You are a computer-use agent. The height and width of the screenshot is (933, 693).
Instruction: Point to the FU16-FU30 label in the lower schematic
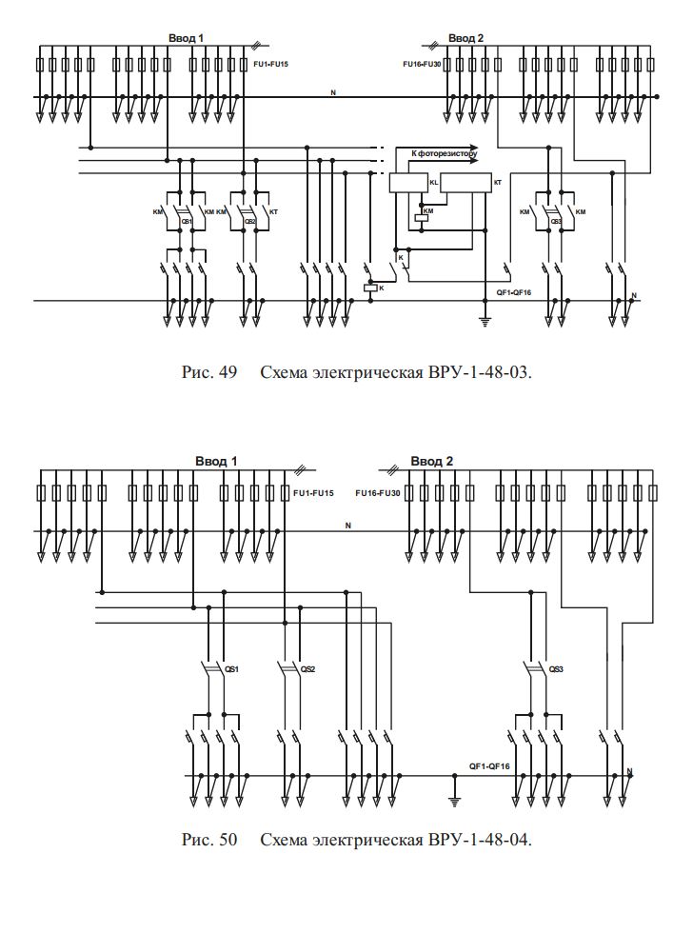tap(375, 493)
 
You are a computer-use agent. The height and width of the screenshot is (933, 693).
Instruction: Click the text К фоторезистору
tap(444, 152)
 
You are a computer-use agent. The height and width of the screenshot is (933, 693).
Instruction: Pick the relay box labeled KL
tap(410, 184)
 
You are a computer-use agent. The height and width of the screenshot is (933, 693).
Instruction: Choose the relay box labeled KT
tap(466, 184)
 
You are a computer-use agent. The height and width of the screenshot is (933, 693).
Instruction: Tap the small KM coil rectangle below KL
tap(421, 218)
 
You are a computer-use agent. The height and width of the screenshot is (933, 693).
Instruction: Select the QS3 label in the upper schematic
tap(556, 222)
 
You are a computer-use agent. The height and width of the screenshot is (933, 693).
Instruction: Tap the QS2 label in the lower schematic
tap(307, 669)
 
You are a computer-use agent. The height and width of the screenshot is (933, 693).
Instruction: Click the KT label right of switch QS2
tap(274, 211)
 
